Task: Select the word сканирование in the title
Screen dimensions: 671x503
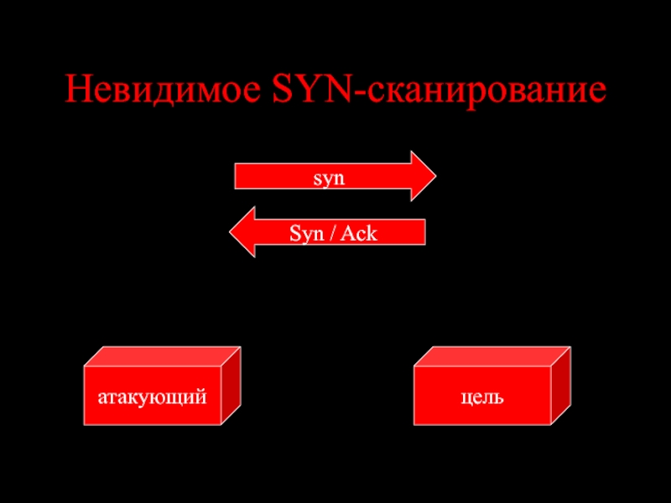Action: [485, 90]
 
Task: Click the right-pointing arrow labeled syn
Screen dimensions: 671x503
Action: [327, 177]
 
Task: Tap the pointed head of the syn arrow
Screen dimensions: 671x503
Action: [424, 177]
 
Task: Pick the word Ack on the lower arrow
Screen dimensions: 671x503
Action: [358, 233]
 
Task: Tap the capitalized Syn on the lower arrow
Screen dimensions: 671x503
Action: [306, 233]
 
